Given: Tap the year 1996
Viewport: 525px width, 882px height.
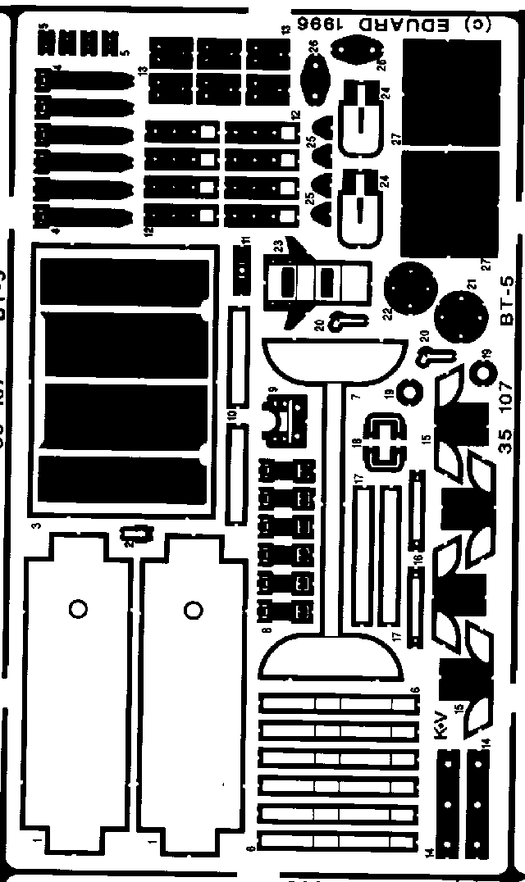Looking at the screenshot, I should pos(327,25).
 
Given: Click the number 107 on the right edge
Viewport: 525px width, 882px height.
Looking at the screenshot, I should pos(506,399).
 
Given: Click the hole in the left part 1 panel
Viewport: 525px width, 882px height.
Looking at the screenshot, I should pos(78,610).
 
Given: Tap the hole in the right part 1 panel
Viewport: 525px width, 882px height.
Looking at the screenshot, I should pos(193,609).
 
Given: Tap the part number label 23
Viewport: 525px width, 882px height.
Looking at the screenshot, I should pos(279,245).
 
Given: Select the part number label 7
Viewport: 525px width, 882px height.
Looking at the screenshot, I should pos(355,397).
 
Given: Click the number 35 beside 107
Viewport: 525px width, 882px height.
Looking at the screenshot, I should pos(506,440).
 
